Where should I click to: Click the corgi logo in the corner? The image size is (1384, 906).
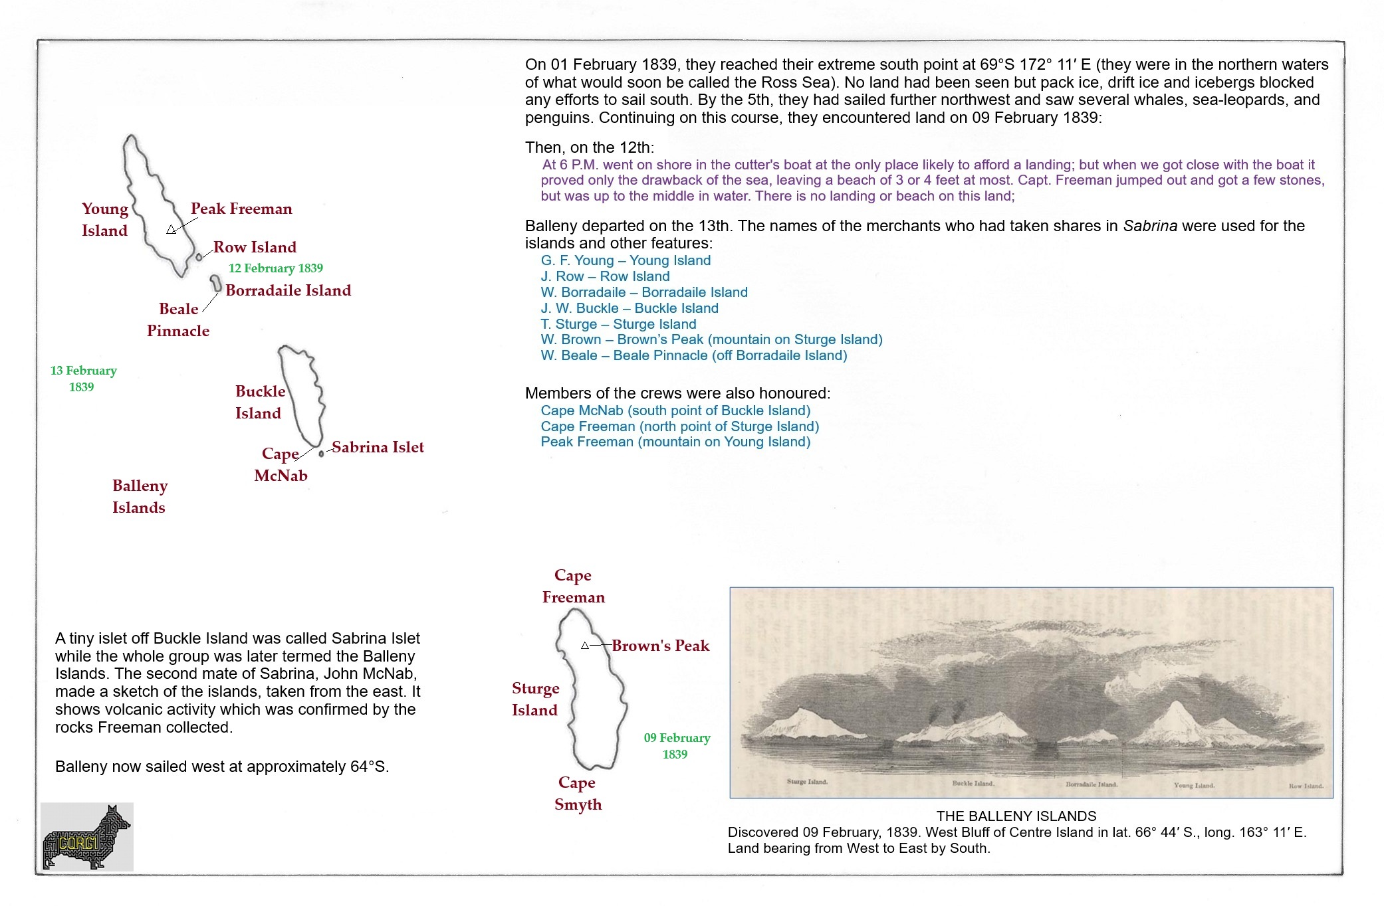click(x=86, y=837)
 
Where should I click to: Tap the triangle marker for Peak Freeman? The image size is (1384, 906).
click(x=171, y=230)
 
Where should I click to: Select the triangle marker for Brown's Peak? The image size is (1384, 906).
click(x=585, y=646)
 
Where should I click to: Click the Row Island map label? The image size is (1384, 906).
click(x=255, y=247)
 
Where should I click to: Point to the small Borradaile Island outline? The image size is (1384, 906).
click(x=216, y=284)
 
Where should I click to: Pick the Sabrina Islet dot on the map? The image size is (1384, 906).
click(x=321, y=454)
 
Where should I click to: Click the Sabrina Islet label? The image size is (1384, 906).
click(x=378, y=447)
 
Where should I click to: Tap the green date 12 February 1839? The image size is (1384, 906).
click(x=276, y=268)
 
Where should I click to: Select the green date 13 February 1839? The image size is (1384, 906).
click(x=83, y=379)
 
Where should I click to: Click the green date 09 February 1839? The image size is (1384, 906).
click(x=677, y=746)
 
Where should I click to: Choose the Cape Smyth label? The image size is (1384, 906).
click(x=578, y=793)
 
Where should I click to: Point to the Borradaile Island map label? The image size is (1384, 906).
click(x=288, y=290)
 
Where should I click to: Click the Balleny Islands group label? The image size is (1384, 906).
click(x=140, y=496)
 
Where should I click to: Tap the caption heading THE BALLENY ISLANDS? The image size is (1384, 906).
click(x=1016, y=816)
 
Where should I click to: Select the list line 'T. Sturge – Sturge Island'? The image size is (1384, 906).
click(x=618, y=324)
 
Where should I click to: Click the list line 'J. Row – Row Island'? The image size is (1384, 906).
click(x=605, y=276)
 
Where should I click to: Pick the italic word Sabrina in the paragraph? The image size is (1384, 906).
click(x=1150, y=226)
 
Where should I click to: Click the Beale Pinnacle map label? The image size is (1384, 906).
click(x=178, y=319)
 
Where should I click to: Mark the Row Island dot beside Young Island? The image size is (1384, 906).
click(x=199, y=257)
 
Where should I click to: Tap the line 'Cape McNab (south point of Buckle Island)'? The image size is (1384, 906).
click(x=675, y=410)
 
